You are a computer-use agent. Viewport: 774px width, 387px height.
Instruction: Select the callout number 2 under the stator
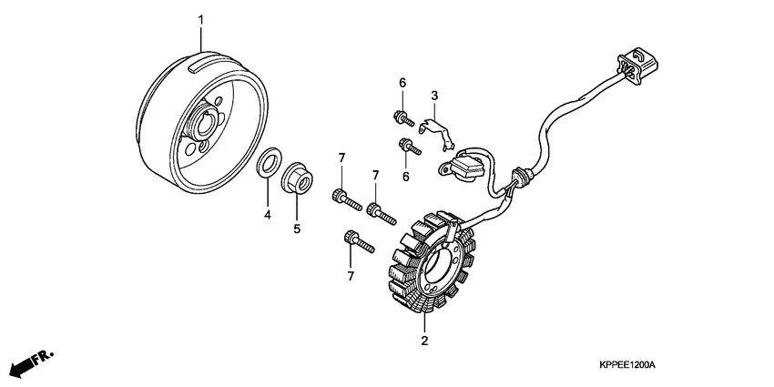(x=423, y=341)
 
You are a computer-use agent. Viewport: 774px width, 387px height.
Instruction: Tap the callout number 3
(x=435, y=96)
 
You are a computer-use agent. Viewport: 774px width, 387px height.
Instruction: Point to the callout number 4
(x=268, y=215)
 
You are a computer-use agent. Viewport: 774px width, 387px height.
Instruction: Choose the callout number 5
(x=297, y=229)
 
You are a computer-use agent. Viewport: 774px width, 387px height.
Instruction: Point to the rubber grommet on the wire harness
(x=522, y=176)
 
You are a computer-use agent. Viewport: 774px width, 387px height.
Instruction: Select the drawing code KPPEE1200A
(x=615, y=365)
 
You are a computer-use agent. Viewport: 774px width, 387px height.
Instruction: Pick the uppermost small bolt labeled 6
(x=402, y=117)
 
